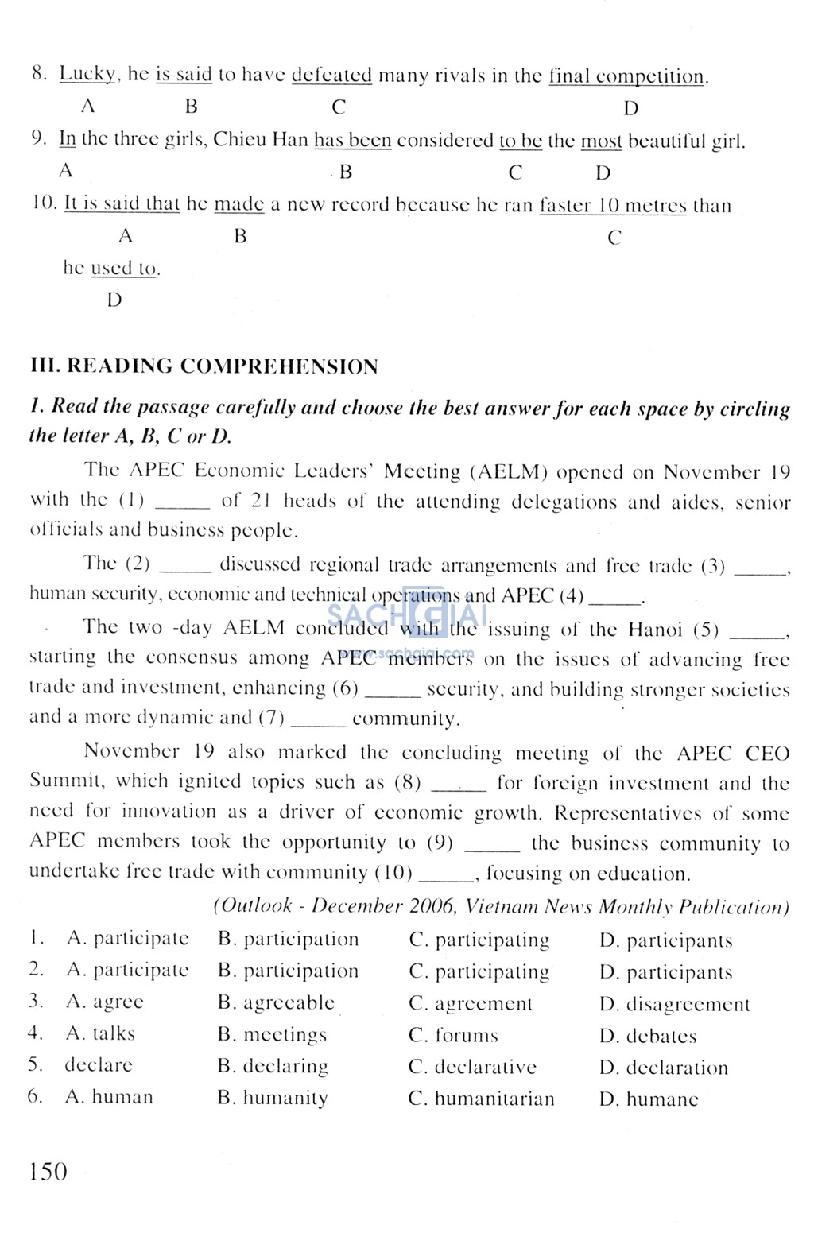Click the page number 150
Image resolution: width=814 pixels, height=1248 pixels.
point(48,1171)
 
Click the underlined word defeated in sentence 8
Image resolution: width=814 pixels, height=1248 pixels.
point(331,76)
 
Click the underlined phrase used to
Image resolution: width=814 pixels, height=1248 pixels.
point(124,269)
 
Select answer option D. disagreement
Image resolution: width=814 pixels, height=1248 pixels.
point(674,1004)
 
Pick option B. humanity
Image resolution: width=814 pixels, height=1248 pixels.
point(273,1098)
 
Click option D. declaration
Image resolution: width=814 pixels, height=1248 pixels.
point(664,1068)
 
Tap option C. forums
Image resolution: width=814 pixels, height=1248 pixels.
point(453,1035)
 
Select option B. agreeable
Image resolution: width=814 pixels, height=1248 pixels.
point(276,1002)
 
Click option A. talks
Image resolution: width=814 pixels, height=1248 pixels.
point(101,1033)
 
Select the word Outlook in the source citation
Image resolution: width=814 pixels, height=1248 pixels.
point(258,905)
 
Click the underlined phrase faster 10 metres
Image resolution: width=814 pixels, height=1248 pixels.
point(613,205)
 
